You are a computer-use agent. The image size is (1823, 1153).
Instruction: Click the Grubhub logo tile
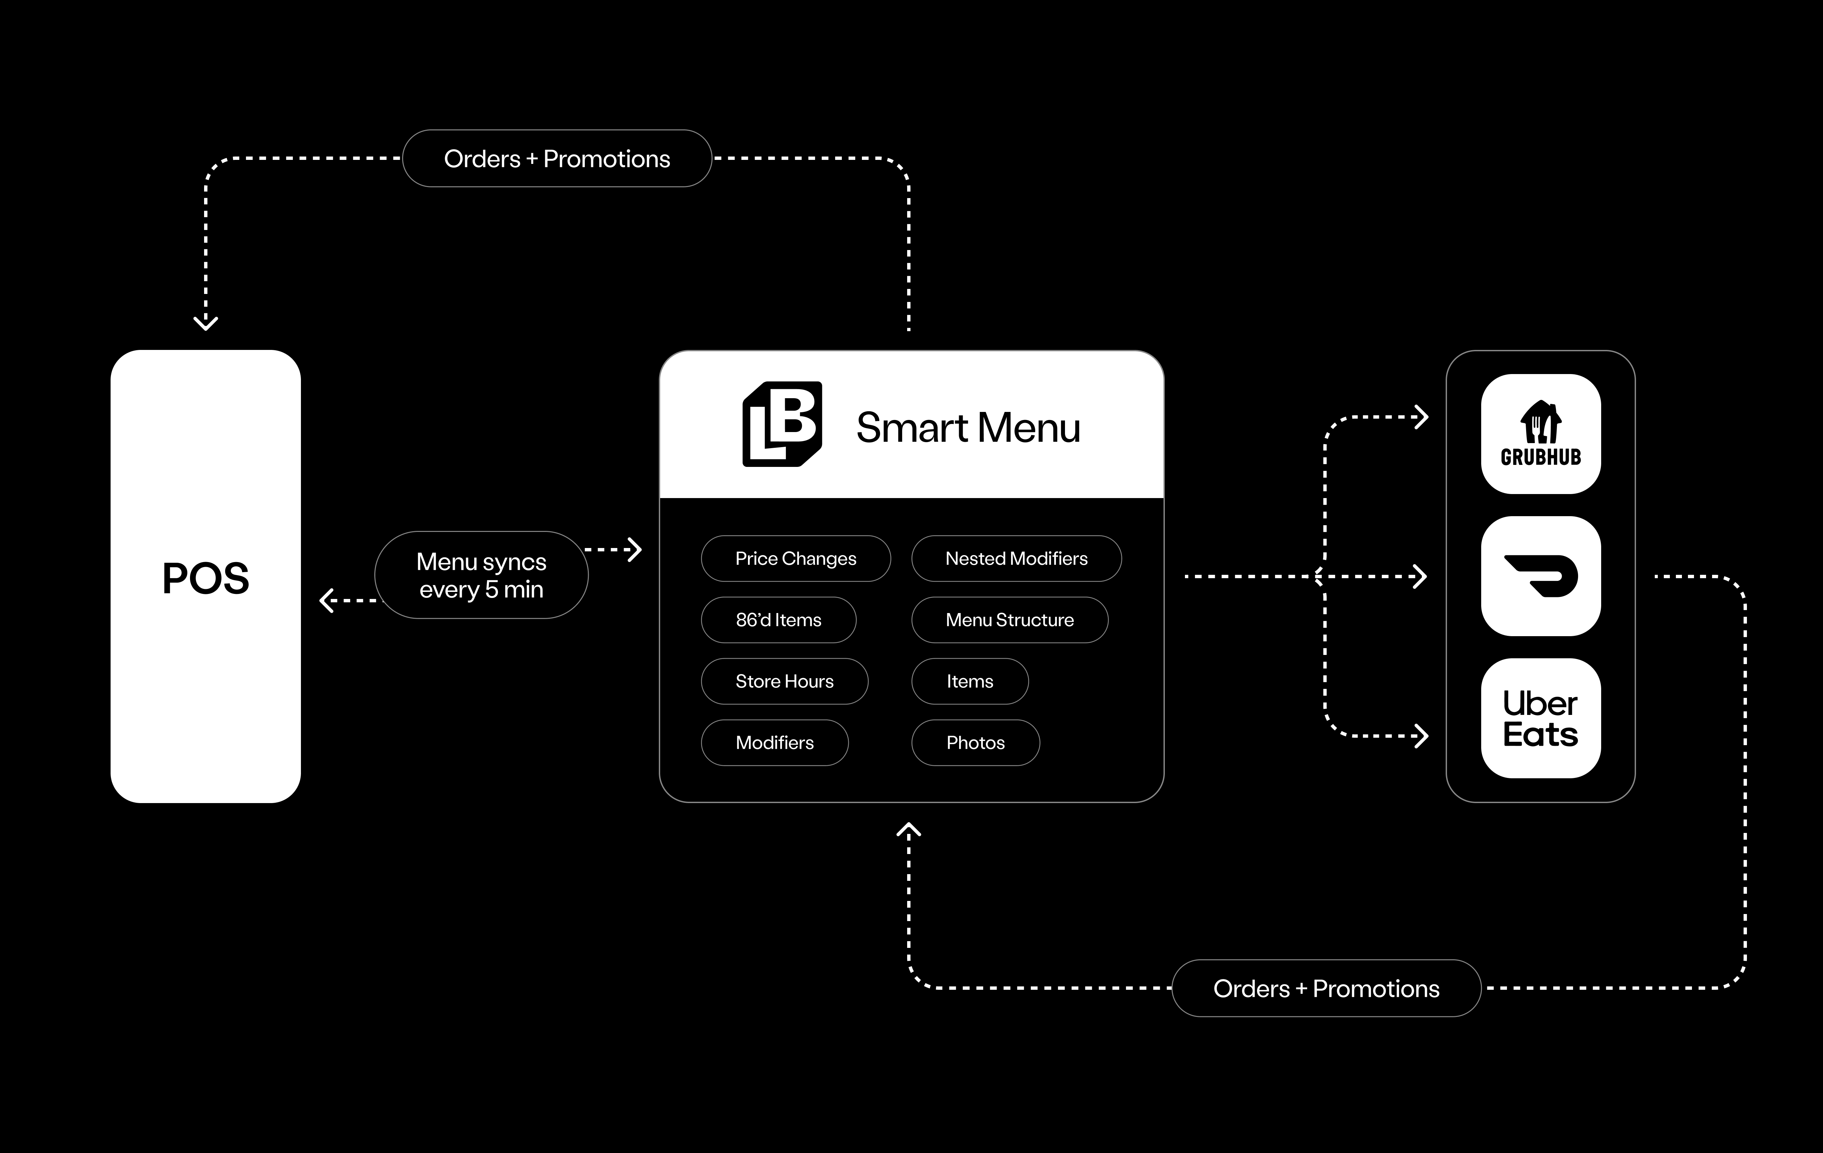(1541, 434)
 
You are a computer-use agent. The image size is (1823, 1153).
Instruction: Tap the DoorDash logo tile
(1541, 576)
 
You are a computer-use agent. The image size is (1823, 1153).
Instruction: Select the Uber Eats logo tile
(1541, 718)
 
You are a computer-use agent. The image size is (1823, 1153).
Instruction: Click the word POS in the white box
(205, 579)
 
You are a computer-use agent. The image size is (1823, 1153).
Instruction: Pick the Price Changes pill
(796, 559)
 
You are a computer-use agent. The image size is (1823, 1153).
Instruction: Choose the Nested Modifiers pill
(1016, 559)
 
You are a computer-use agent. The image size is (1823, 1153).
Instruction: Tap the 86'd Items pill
(778, 620)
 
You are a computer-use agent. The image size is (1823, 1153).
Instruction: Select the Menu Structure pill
(1009, 620)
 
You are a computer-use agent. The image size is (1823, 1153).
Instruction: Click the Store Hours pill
(784, 681)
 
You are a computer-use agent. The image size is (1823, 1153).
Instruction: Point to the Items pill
(970, 681)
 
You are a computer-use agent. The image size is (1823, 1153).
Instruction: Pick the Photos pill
(975, 743)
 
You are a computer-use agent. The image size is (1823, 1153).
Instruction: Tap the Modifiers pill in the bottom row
(774, 743)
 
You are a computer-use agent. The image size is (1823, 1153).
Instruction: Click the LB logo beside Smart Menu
(782, 424)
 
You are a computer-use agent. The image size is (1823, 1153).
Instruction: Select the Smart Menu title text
(967, 428)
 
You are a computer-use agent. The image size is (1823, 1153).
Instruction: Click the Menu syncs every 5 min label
(482, 575)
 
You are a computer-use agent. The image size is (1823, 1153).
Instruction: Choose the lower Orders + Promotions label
(1326, 989)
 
